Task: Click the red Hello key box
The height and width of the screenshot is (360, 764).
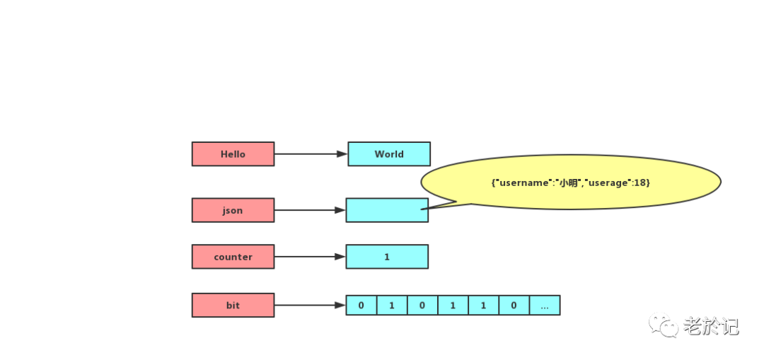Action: pos(233,154)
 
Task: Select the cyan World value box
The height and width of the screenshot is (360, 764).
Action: pos(389,154)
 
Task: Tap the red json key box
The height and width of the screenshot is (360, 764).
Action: pos(233,210)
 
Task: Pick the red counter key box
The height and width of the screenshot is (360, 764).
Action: pos(233,256)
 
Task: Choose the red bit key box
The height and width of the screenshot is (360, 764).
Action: pos(233,305)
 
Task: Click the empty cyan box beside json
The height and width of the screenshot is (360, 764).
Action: pos(387,210)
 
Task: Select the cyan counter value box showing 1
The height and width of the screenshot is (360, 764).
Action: pos(387,256)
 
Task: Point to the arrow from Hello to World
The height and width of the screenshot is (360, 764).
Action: pos(311,154)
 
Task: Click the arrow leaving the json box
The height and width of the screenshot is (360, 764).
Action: pos(310,210)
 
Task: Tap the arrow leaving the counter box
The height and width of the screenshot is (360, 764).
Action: pos(310,256)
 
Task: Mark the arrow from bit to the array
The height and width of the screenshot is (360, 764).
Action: pos(310,305)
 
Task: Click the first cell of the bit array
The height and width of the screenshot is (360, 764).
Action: pos(361,305)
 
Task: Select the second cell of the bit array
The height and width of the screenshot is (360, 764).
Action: pos(392,305)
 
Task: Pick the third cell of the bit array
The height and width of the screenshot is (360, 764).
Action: pos(422,305)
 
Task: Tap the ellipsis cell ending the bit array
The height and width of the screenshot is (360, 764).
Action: pos(545,305)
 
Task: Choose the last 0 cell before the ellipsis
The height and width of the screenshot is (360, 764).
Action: pos(514,305)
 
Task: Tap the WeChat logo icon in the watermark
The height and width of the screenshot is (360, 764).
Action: pos(663,325)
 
